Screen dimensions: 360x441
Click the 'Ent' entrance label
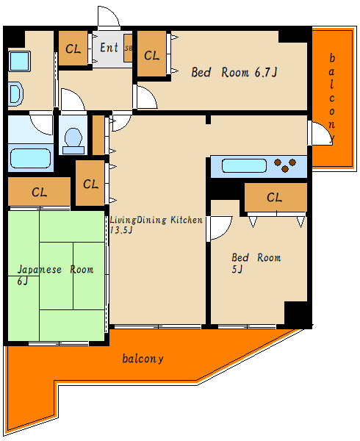click(109, 47)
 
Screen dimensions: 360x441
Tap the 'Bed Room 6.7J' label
click(234, 72)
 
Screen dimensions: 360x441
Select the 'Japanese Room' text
click(55, 270)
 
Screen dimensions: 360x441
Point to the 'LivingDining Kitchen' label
click(156, 220)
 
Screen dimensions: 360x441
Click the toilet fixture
click(73, 141)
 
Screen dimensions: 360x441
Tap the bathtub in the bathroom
click(30, 158)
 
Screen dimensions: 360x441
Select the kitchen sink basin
click(244, 165)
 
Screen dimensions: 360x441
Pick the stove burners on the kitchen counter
click(285, 165)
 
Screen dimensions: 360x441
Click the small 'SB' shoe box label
click(128, 48)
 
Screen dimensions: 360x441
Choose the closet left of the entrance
click(73, 48)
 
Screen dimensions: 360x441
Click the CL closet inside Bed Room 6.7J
click(152, 54)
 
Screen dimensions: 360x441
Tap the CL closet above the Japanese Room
click(39, 192)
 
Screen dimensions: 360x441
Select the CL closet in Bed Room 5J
click(276, 197)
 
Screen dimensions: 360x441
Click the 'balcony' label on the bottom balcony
click(143, 359)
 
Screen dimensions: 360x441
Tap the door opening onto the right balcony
click(320, 133)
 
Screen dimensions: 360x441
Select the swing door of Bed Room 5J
click(221, 228)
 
